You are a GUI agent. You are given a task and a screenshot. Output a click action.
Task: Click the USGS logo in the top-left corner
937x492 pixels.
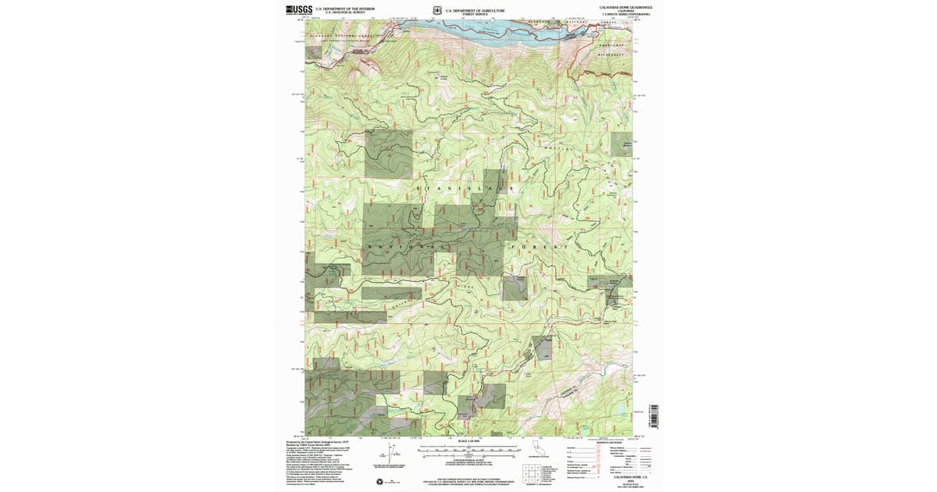(299, 9)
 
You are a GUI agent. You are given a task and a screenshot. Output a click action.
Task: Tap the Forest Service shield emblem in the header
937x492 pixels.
(437, 11)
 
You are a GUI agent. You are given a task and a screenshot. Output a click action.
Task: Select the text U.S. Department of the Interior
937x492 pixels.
(344, 8)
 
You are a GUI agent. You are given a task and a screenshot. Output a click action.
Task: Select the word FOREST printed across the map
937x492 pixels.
(539, 247)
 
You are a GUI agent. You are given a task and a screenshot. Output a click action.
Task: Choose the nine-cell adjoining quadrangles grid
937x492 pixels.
(533, 473)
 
